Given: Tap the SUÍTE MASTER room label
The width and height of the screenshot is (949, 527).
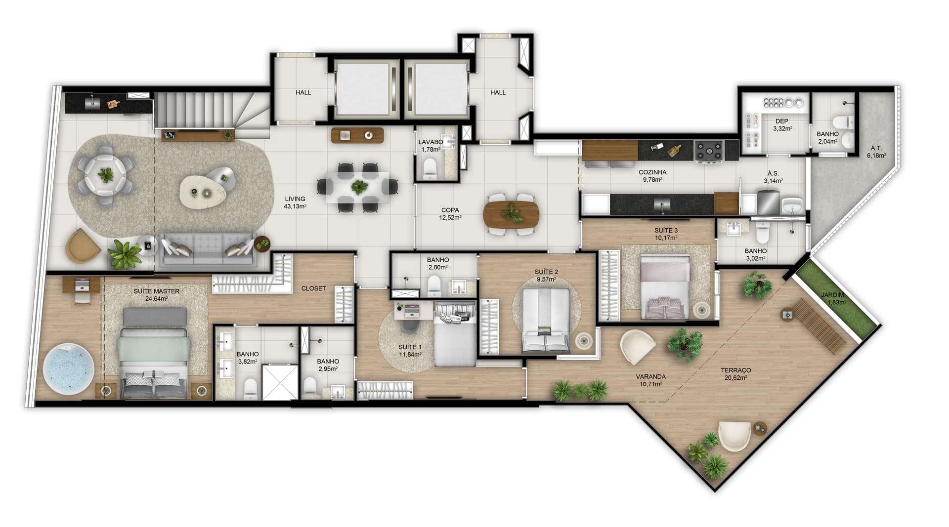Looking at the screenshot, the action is pos(157,291).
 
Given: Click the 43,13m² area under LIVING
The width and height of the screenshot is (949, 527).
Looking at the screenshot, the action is pos(295,206).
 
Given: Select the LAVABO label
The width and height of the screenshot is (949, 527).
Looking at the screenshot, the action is pos(431,142).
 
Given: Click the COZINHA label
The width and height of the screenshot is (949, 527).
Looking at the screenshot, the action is pos(652,172).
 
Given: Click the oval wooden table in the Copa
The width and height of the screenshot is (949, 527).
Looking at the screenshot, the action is pos(512,213).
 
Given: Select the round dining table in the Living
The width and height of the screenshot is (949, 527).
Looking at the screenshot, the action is pos(105,174).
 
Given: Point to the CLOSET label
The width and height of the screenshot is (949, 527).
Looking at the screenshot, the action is pos(313,288).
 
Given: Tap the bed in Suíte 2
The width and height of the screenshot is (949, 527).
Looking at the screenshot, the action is pos(546,320).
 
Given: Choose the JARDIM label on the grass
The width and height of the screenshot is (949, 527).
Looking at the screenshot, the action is pos(833,295).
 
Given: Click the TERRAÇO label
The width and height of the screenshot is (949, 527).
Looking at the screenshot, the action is pos(735,370).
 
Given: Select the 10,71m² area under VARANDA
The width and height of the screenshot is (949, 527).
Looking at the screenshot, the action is pos(650,384).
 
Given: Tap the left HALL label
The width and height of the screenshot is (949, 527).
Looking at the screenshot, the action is pos(303,92).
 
